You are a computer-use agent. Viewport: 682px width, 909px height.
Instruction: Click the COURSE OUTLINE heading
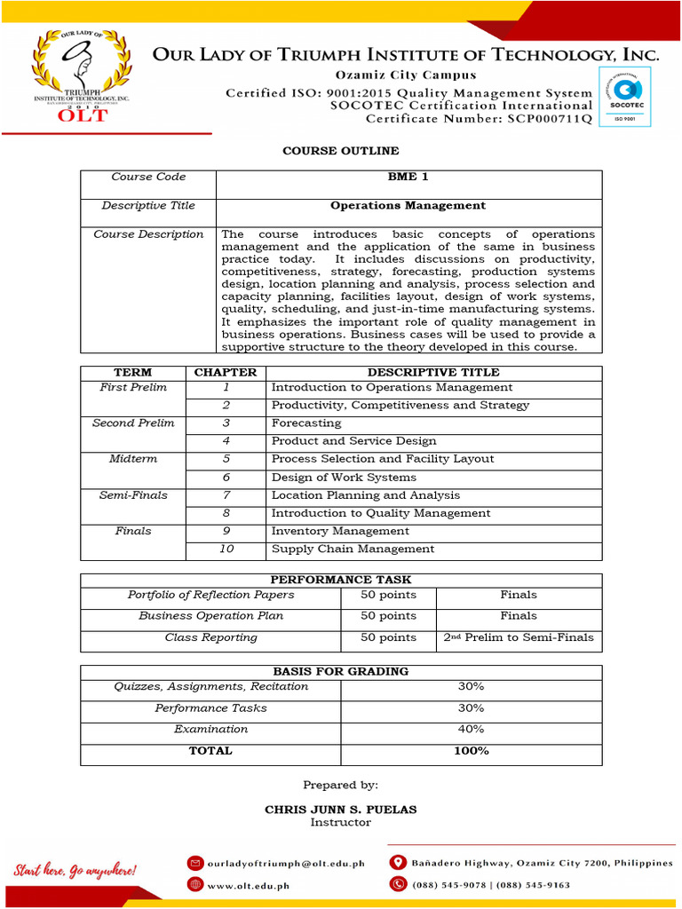click(x=341, y=151)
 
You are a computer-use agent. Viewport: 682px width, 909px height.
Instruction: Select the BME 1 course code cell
click(x=408, y=177)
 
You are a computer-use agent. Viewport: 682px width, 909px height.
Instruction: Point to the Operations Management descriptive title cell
click(x=408, y=205)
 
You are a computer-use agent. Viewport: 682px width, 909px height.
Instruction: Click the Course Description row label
click(x=148, y=234)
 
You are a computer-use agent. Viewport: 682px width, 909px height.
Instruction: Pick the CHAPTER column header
click(x=226, y=373)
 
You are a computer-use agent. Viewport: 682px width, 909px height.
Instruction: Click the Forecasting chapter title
click(x=306, y=423)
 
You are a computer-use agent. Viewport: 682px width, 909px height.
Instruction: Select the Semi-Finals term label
click(x=133, y=495)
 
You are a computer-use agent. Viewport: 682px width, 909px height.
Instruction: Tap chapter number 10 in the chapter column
click(x=226, y=549)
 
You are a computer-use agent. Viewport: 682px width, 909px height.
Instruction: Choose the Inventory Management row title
click(x=340, y=531)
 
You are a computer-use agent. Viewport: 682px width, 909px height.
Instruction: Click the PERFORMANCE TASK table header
click(x=341, y=580)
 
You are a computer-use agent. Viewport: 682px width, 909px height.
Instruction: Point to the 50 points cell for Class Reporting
click(x=388, y=637)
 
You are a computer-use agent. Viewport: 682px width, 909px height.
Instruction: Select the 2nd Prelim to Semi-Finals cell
click(x=519, y=637)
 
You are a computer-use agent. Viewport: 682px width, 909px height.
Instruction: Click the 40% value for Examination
click(x=471, y=729)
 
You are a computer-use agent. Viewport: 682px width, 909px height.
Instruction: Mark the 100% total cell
click(x=471, y=751)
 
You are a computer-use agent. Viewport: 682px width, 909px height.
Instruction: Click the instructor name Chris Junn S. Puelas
click(x=341, y=810)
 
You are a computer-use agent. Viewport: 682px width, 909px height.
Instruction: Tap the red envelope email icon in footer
click(x=194, y=863)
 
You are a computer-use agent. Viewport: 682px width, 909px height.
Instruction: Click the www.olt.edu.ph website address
click(x=249, y=885)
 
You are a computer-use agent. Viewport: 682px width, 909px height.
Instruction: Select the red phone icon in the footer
click(x=398, y=884)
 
